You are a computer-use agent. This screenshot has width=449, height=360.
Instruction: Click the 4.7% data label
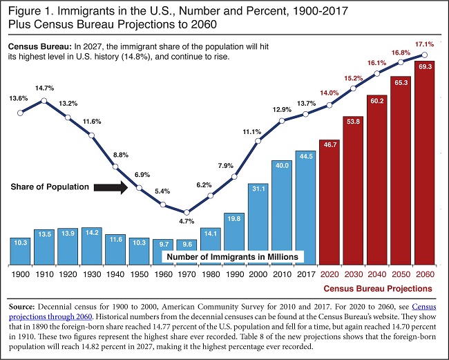point(187,222)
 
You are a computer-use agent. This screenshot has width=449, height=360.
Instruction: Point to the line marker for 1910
point(45,101)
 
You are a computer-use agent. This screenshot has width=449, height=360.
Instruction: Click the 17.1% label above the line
point(423,44)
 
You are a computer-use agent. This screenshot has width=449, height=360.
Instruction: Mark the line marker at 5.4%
point(163,204)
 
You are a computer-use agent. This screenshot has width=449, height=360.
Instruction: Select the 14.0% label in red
point(329,93)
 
